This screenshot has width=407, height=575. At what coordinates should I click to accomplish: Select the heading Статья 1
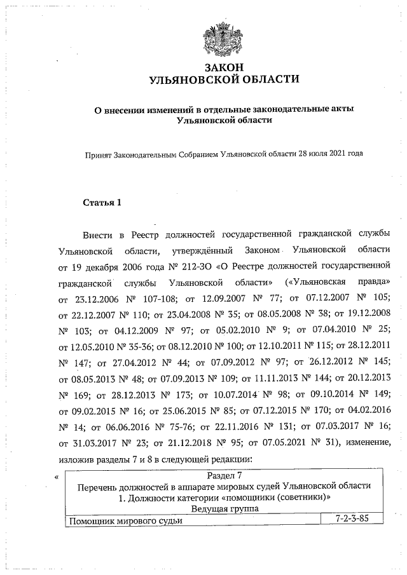pyautogui.click(x=102, y=203)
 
